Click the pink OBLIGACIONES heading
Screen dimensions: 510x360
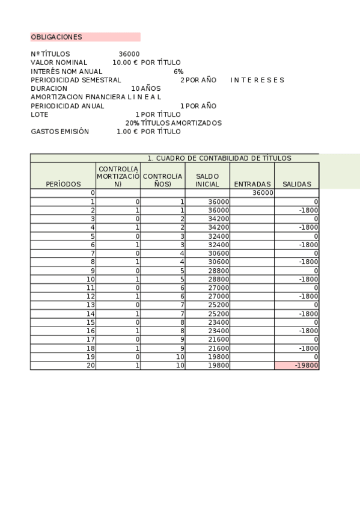pyautogui.click(x=57, y=37)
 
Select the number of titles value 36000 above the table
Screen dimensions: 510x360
pyautogui.click(x=129, y=54)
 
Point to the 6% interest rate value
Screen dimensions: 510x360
pyautogui.click(x=178, y=72)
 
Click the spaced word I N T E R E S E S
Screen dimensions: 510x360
pyautogui.click(x=257, y=80)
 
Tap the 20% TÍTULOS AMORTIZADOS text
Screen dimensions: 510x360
pyautogui.click(x=173, y=123)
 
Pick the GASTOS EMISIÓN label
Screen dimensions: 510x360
pyautogui.click(x=59, y=131)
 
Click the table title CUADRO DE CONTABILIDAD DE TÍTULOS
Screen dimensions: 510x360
pyautogui.click(x=219, y=158)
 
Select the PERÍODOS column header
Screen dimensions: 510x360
pyautogui.click(x=63, y=184)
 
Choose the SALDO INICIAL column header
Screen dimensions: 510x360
pyautogui.click(x=207, y=180)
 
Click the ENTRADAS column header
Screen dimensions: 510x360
pyautogui.click(x=252, y=184)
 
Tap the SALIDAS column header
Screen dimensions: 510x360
pyautogui.click(x=296, y=184)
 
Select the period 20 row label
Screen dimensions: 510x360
pyautogui.click(x=91, y=365)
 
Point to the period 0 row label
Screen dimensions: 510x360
pyautogui.click(x=93, y=193)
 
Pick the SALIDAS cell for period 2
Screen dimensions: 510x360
pyautogui.click(x=307, y=210)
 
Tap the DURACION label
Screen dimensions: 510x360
pyautogui.click(x=49, y=88)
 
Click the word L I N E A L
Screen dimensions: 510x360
pyautogui.click(x=144, y=97)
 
